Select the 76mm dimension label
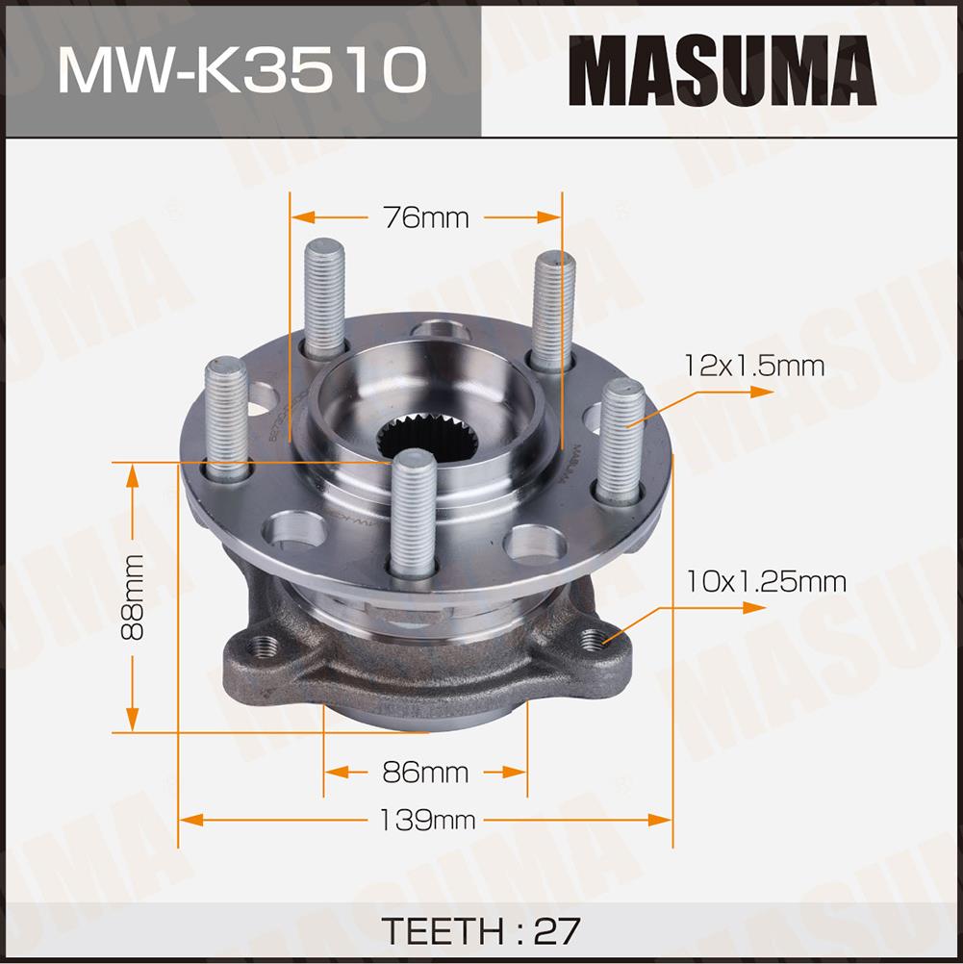tap(425, 217)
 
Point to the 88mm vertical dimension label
tap(132, 596)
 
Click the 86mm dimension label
tap(425, 772)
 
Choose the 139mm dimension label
tap(427, 820)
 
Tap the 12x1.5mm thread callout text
tap(754, 366)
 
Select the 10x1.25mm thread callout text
tap(766, 581)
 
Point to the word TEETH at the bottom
tap(444, 930)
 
